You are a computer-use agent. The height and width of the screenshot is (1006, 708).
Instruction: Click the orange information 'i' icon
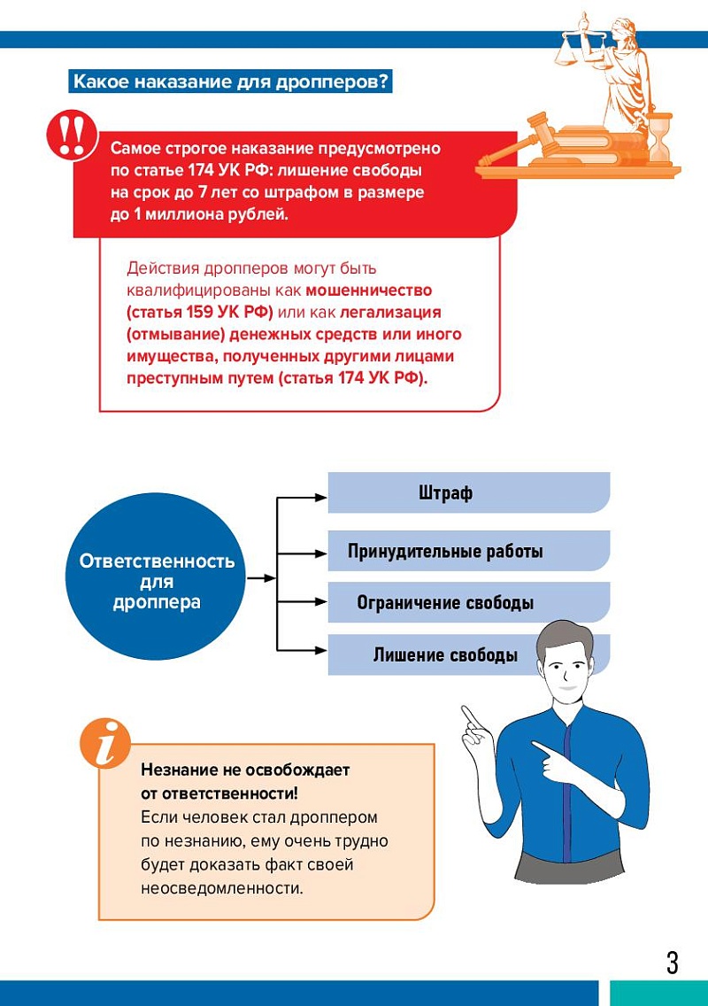click(104, 742)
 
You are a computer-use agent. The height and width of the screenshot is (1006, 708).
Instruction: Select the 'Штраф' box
click(469, 492)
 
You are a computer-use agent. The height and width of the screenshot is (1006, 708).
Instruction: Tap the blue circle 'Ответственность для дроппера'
click(157, 582)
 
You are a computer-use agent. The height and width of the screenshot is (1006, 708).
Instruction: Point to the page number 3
click(673, 962)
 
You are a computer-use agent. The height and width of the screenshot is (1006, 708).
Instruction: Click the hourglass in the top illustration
click(659, 137)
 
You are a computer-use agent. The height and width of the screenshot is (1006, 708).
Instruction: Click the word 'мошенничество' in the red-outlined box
click(369, 290)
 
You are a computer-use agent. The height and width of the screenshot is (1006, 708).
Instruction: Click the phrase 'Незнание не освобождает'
click(245, 770)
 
